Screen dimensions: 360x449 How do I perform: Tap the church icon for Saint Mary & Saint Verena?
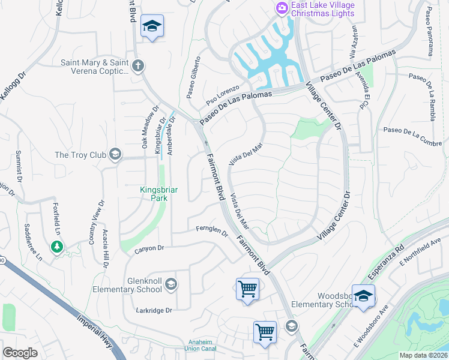[x=139, y=66]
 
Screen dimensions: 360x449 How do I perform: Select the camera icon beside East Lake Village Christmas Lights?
[x=282, y=8]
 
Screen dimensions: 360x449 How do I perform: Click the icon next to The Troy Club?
[x=115, y=155]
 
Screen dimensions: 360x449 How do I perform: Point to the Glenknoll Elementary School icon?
[x=171, y=284]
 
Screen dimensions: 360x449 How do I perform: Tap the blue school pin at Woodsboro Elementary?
[x=363, y=296]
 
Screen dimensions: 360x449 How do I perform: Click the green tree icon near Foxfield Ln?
[x=57, y=247]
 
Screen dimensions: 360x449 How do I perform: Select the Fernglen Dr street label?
[x=212, y=230]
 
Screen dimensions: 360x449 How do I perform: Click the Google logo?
[x=20, y=353]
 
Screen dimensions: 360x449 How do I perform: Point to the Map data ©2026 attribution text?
[x=423, y=355]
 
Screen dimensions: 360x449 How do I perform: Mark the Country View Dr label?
[x=92, y=229]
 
